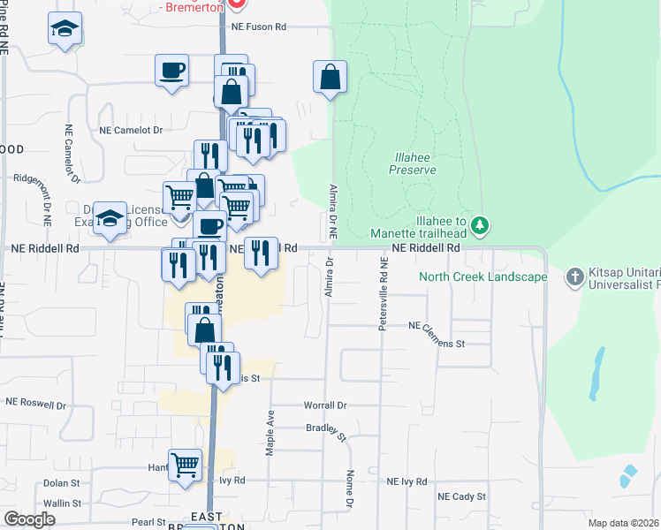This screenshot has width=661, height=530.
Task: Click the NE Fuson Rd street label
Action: tap(259, 27)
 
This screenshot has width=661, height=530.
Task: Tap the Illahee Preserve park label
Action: tap(413, 163)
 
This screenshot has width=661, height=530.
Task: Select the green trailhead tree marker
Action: tap(480, 225)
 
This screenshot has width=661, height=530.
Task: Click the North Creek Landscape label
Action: tap(482, 276)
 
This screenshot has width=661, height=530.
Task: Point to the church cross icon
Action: tap(574, 276)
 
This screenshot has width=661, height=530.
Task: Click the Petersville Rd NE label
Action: tap(384, 294)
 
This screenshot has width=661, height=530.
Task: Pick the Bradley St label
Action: tap(325, 429)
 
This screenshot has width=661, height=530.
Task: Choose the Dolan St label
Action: tap(62, 484)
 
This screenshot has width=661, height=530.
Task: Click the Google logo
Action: tap(29, 519)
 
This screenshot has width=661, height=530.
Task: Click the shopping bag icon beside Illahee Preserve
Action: tap(330, 77)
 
